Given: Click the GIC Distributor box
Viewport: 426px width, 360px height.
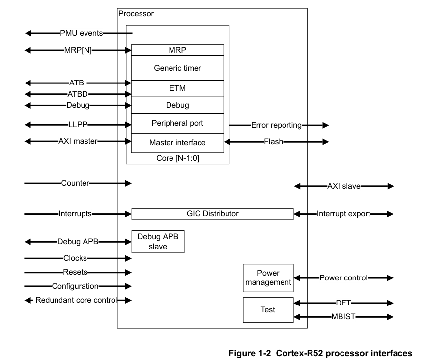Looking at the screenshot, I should pos(212,214).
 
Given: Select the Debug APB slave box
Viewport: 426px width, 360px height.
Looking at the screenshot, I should pos(158,241).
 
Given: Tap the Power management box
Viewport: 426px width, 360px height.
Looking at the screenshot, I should pos(268,278).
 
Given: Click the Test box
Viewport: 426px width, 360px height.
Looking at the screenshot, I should pos(268,310).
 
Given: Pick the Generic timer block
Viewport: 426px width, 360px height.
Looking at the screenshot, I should pos(177,68).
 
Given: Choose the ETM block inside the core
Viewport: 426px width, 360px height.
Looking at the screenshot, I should pos(177,88).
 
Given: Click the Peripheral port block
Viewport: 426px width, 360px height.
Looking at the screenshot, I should pos(177,123).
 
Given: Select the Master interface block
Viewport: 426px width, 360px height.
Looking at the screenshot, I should pos(177,143).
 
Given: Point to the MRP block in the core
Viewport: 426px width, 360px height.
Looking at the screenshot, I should pos(177,50).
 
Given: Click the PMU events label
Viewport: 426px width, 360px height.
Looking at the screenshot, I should pos(82,33).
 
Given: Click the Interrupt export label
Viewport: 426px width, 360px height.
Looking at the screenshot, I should pos(344,214).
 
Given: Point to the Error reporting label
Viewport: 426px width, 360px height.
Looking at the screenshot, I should pos(276,125).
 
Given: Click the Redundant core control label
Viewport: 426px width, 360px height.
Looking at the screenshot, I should pos(76,300).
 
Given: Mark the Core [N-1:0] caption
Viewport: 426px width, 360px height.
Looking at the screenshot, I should pos(177,159).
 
